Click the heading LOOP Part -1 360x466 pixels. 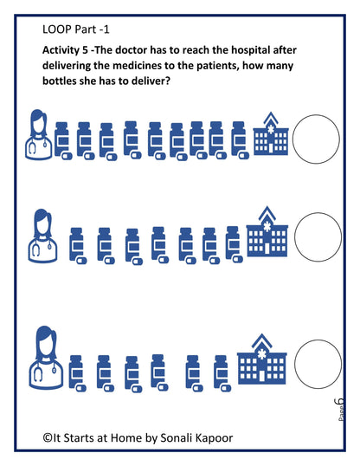coord(76,29)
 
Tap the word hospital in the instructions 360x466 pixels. coord(250,50)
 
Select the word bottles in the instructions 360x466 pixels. coord(59,81)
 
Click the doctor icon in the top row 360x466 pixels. coord(38,134)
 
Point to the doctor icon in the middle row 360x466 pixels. coord(42,236)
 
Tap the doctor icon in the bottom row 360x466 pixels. coord(46,358)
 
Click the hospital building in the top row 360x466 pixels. coord(271,133)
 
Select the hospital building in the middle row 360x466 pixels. coord(267,231)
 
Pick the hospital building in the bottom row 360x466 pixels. coord(261,359)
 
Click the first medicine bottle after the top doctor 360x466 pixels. coord(63,141)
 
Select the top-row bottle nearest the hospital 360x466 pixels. coord(240,140)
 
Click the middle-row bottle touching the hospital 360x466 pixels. coord(234,245)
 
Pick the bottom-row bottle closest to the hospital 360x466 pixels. coord(222,374)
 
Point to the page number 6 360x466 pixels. coord(339,402)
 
